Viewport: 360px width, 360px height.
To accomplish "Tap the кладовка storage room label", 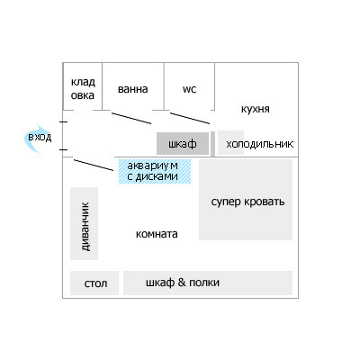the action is (x=83, y=89).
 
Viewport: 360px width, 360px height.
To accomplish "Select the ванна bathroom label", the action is (x=132, y=89).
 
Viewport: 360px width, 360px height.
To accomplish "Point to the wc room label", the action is (x=189, y=89).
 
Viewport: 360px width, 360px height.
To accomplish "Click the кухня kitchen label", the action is (x=255, y=109).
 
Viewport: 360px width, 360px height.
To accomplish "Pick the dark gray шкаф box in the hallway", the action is (x=183, y=143).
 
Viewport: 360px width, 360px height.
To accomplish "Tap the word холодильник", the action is (x=260, y=144).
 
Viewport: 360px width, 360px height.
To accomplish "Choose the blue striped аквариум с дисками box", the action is (x=155, y=171).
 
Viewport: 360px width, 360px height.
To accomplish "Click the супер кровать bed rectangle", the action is (x=246, y=200).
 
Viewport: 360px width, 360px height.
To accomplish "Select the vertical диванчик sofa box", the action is (x=84, y=223).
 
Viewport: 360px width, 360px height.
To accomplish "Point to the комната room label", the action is (x=157, y=234).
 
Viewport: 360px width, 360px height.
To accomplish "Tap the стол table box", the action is (x=94, y=283).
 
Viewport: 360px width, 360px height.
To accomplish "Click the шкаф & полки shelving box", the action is (x=208, y=283).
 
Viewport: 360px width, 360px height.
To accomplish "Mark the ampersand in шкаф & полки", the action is (x=182, y=283).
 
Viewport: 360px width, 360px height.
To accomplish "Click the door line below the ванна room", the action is (x=131, y=118).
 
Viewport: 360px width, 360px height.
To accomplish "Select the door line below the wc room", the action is (x=190, y=118).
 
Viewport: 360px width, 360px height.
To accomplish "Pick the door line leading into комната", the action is (x=94, y=166).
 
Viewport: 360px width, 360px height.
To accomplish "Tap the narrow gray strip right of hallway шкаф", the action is (x=212, y=144).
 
